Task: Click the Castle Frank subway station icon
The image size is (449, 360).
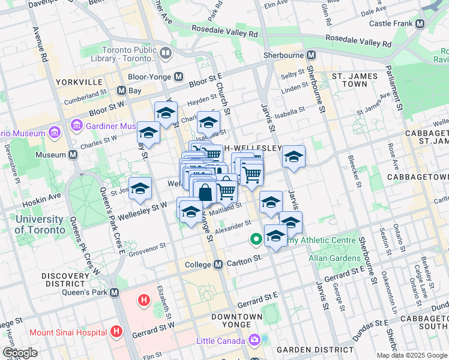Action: (x=420, y=23)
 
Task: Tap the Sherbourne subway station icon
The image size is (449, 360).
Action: (x=311, y=55)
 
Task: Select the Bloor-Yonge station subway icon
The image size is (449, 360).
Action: (x=179, y=77)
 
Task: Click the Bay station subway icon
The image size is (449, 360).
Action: (x=122, y=91)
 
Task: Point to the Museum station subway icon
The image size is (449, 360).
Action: (x=73, y=155)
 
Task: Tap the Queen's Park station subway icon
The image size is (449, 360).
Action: (x=116, y=293)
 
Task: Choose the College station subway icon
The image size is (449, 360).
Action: (x=218, y=264)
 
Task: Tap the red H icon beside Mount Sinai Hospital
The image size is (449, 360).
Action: (x=116, y=331)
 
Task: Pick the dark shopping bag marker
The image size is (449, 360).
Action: (x=205, y=193)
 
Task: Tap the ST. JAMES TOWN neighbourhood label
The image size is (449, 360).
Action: (x=355, y=80)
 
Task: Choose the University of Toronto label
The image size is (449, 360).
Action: (x=39, y=224)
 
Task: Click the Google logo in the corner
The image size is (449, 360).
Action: (x=20, y=353)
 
